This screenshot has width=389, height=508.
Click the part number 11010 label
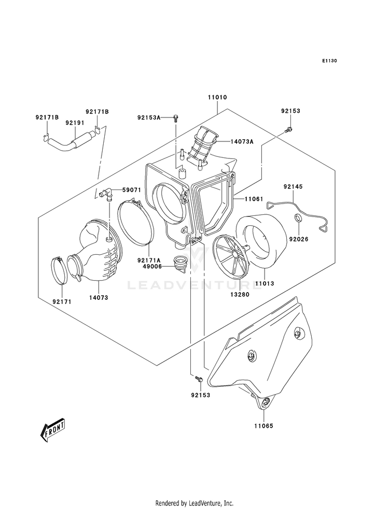(217, 97)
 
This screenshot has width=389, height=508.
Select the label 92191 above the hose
(75, 123)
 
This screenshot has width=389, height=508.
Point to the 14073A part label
(242, 141)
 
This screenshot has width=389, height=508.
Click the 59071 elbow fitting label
(131, 190)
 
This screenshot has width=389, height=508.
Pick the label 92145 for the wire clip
(293, 186)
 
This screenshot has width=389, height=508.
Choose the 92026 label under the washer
(299, 239)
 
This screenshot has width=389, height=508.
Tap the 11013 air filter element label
(265, 283)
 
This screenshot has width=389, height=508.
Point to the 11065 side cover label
(263, 426)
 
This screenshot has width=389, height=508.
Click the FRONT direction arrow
(52, 429)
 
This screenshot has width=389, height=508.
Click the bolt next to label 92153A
(175, 118)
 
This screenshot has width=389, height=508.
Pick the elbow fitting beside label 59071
(105, 194)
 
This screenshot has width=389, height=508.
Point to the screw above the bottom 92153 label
(199, 379)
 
